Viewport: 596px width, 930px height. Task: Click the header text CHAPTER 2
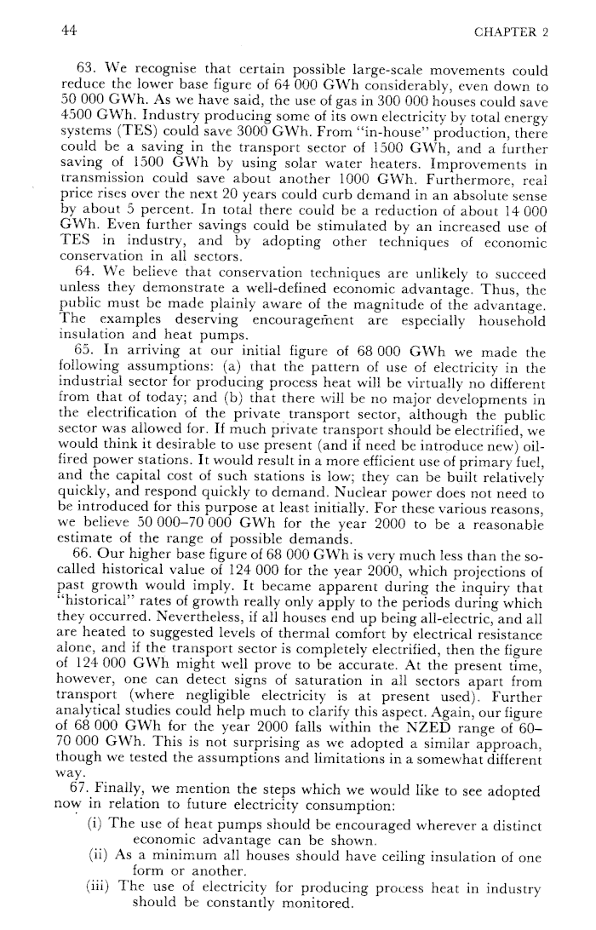tap(509, 32)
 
